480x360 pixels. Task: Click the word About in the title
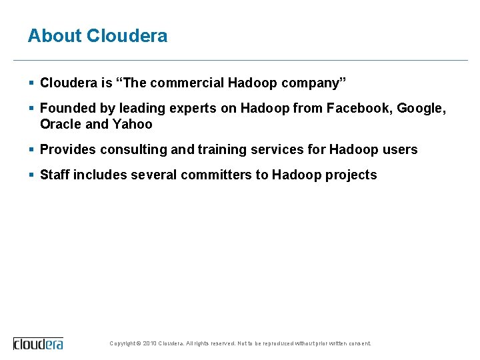(x=55, y=35)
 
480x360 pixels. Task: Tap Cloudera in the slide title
(x=127, y=35)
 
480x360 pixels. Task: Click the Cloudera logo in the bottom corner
(x=39, y=343)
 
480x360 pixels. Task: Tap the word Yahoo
(x=133, y=124)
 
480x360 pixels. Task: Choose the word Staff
(x=55, y=175)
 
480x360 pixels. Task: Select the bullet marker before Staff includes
(x=31, y=175)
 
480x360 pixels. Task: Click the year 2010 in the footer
(x=150, y=344)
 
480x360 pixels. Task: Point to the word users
(x=400, y=149)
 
